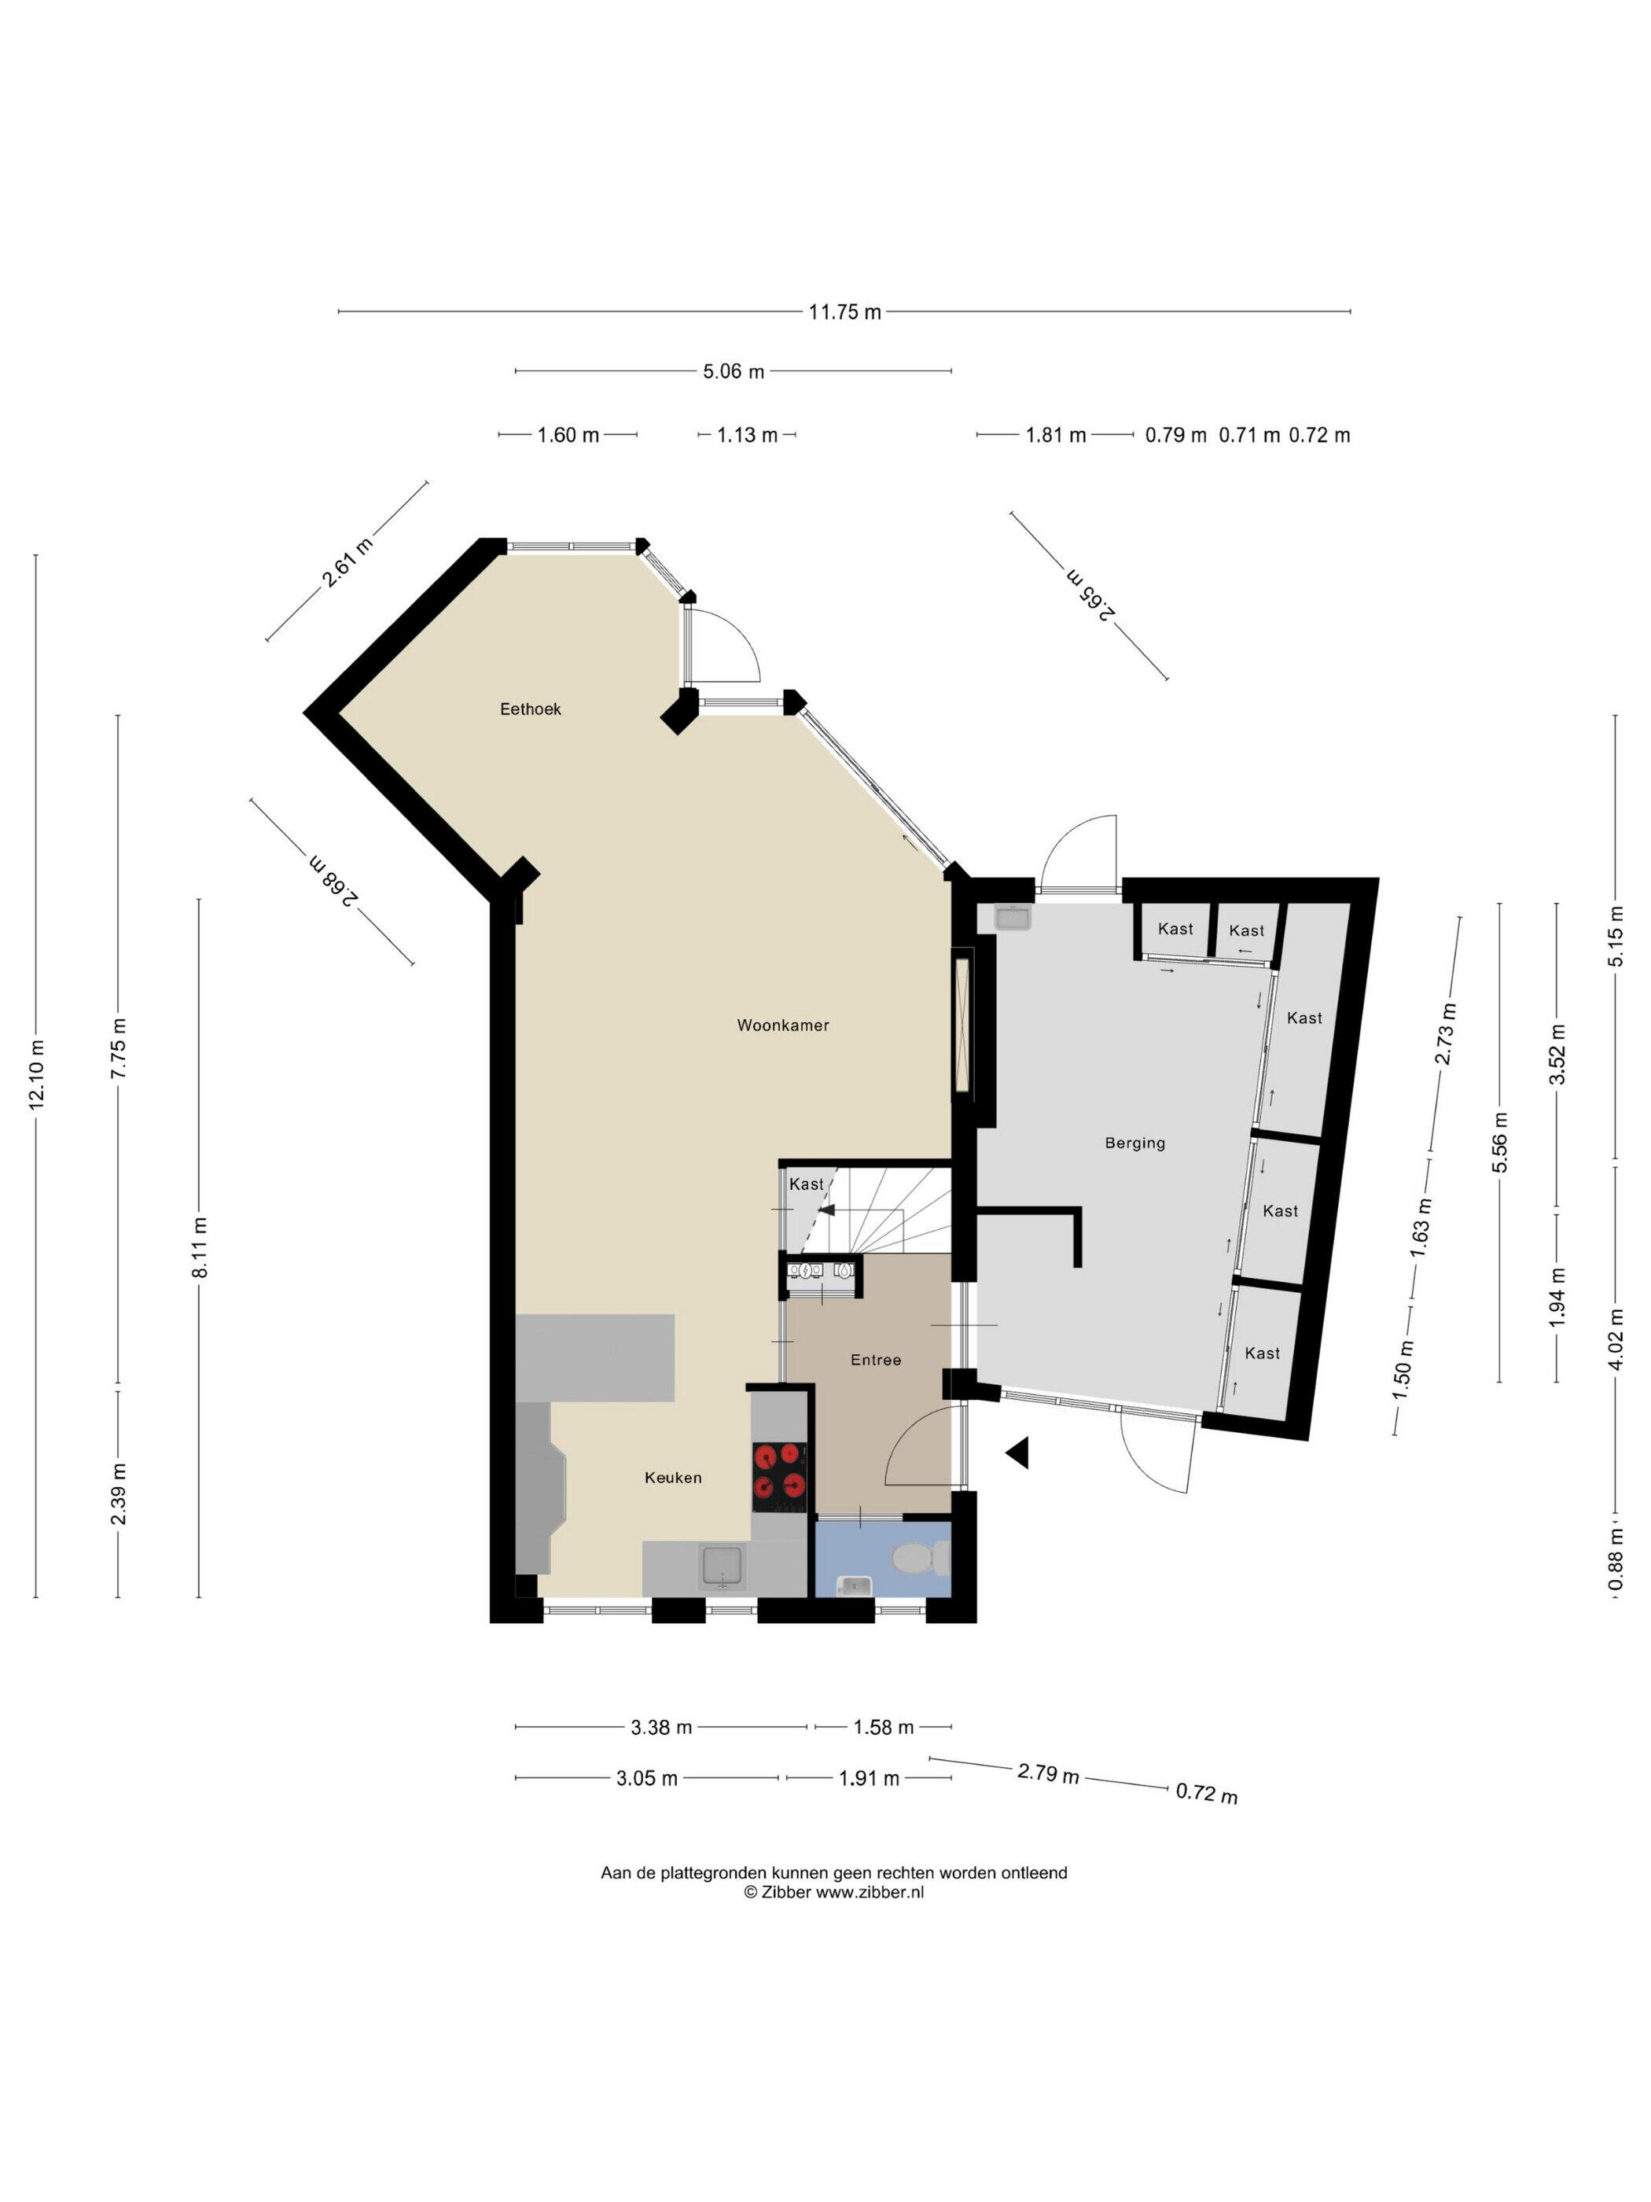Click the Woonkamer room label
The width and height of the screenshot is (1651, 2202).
pyautogui.click(x=782, y=1025)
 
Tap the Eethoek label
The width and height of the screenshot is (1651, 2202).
pyautogui.click(x=531, y=709)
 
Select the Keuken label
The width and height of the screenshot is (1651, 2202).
pyautogui.click(x=673, y=1477)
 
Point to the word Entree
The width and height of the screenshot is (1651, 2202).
pyautogui.click(x=876, y=1360)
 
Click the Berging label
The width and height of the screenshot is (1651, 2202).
pyautogui.click(x=1134, y=1143)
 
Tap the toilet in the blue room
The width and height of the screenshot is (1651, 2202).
pyautogui.click(x=921, y=1558)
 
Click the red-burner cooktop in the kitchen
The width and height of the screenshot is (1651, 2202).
pyautogui.click(x=778, y=1471)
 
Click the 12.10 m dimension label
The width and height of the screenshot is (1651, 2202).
pyautogui.click(x=37, y=1075)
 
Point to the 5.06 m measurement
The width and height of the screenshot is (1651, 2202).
pyautogui.click(x=734, y=371)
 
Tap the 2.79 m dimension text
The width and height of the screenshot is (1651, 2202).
pyautogui.click(x=1048, y=1773)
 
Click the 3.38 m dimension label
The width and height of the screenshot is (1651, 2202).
pyautogui.click(x=661, y=1727)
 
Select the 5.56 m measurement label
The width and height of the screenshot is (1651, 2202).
pyautogui.click(x=1500, y=1142)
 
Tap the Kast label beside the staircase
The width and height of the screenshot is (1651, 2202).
pyautogui.click(x=806, y=1184)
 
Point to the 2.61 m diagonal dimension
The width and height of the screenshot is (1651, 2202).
pyautogui.click(x=347, y=562)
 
